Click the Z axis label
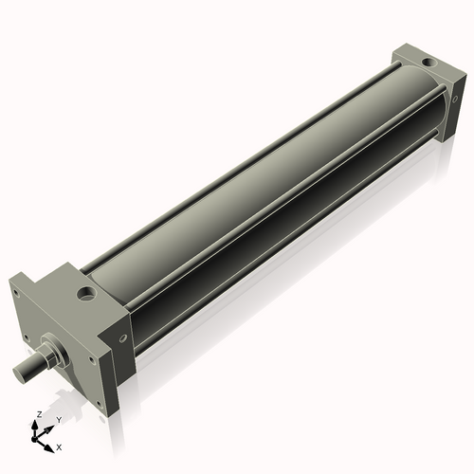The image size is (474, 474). point(37,415)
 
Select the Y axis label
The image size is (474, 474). point(60,419)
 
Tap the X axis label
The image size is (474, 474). point(59,446)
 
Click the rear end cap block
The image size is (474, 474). point(422,95)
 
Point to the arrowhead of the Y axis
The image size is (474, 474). point(53,426)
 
